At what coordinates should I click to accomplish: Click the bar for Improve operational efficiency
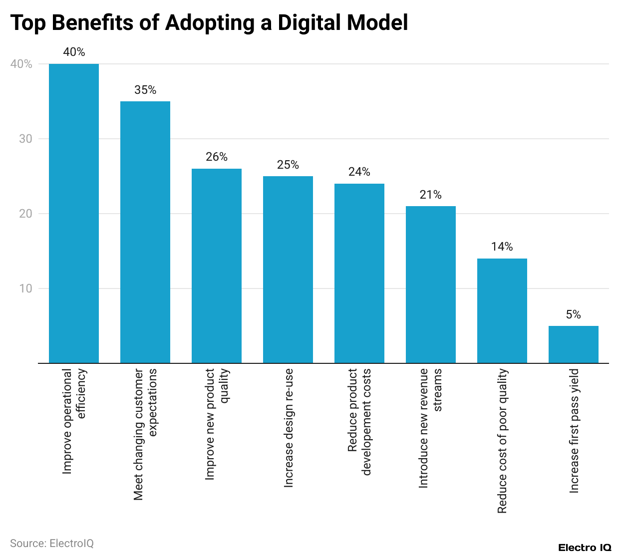[x=74, y=213]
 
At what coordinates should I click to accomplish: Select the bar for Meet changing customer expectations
[x=145, y=232]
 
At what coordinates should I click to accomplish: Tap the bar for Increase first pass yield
[x=573, y=344]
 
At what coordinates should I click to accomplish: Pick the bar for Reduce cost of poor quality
[x=502, y=310]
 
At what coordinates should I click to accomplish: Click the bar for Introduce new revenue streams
[x=430, y=284]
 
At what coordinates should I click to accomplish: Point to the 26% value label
[x=217, y=157]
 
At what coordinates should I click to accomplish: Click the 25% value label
[x=288, y=165]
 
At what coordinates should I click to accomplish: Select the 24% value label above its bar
[x=359, y=172]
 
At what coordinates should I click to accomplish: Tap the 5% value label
[x=573, y=314]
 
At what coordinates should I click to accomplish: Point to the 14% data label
[x=502, y=247]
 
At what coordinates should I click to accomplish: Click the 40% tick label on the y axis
[x=21, y=64]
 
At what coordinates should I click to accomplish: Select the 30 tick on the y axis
[x=25, y=139]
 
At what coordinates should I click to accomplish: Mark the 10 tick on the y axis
[x=25, y=288]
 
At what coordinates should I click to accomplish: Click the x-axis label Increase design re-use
[x=289, y=428]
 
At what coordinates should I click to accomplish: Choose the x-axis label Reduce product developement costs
[x=359, y=422]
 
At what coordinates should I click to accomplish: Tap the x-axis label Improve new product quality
[x=217, y=424]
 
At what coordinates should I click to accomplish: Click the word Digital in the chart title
[x=309, y=23]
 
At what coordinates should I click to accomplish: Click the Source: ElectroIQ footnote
[x=52, y=544]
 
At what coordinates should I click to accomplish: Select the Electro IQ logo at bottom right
[x=585, y=548]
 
